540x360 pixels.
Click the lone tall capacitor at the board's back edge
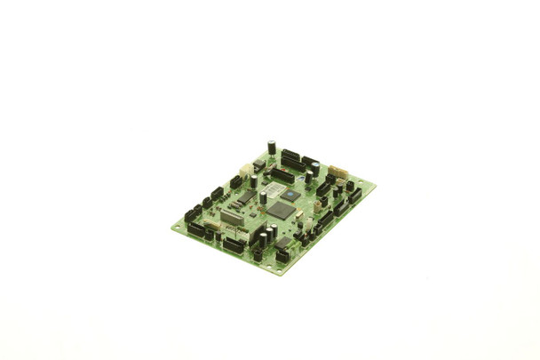pyautogui.click(x=272, y=147)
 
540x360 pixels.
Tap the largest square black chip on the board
pyautogui.click(x=281, y=211)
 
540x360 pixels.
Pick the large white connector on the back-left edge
pyautogui.click(x=247, y=171)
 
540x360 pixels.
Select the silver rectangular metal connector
pyautogui.click(x=232, y=218)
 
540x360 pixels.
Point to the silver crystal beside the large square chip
pyautogui.click(x=299, y=214)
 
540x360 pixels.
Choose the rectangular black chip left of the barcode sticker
pyautogui.click(x=248, y=196)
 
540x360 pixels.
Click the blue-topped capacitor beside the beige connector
pyautogui.click(x=315, y=168)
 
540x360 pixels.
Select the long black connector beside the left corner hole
pyautogui.click(x=196, y=229)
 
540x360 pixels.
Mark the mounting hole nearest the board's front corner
pyautogui.click(x=277, y=268)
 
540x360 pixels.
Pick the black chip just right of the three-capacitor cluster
pyautogui.click(x=283, y=242)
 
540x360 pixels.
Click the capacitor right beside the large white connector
pyautogui.click(x=254, y=180)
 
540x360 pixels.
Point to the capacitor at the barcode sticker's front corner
pyautogui.click(x=263, y=197)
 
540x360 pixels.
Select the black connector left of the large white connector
pyautogui.click(x=235, y=181)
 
